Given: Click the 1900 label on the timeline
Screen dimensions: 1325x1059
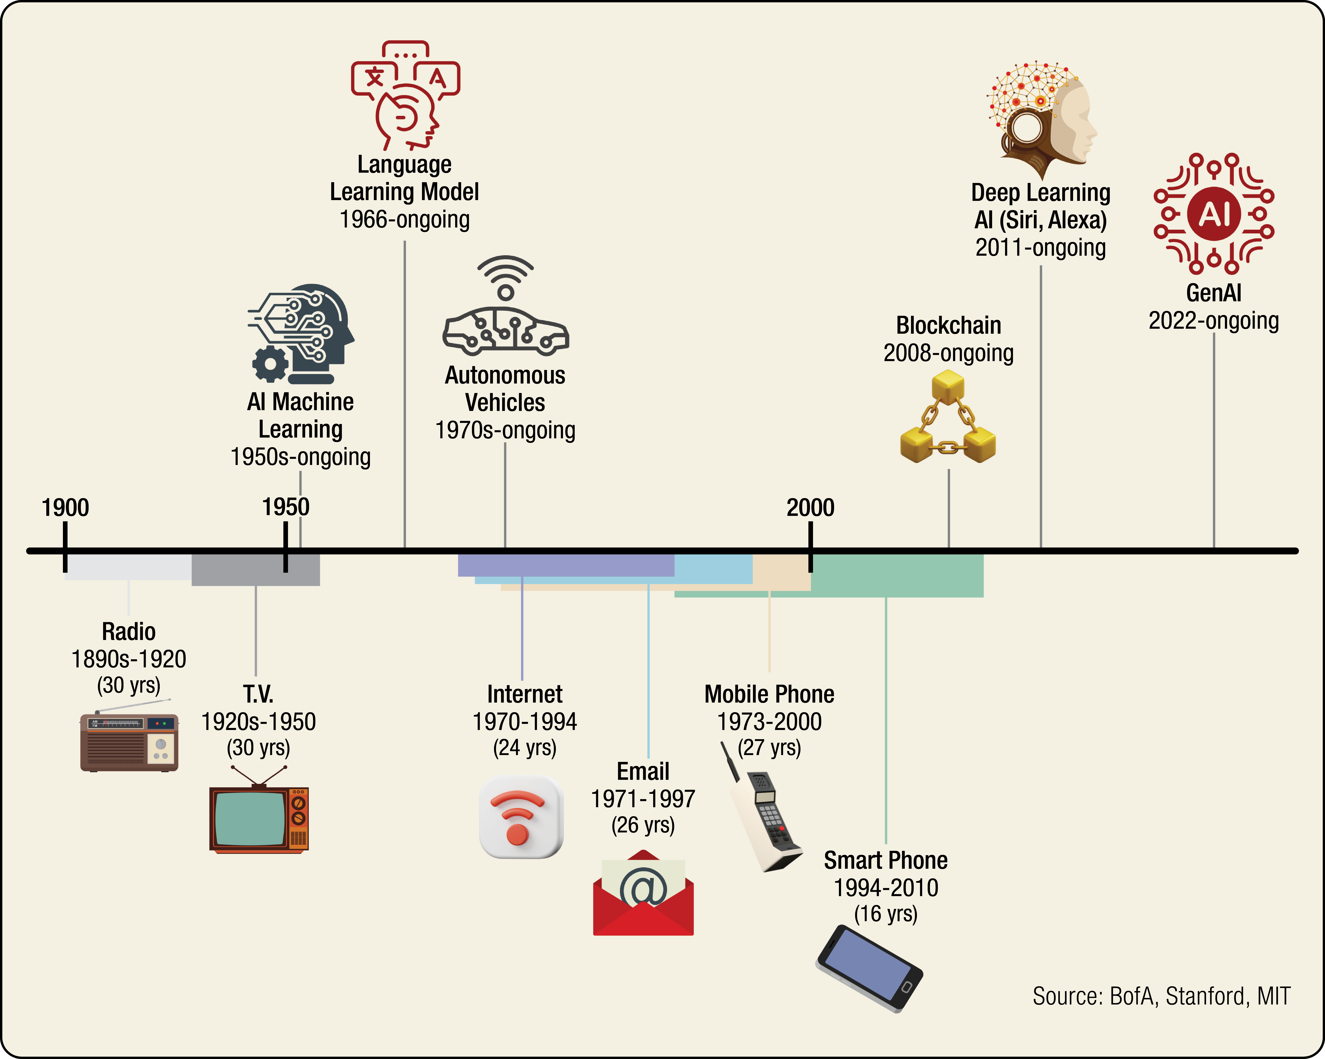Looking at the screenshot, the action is pyautogui.click(x=65, y=508).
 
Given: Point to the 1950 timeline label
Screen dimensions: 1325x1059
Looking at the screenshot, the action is pyautogui.click(x=286, y=507).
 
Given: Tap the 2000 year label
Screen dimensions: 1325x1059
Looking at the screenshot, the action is pyautogui.click(x=811, y=508).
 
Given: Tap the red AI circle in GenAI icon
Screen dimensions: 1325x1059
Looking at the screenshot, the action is pyautogui.click(x=1214, y=214).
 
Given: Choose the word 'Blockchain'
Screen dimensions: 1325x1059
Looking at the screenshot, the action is pyautogui.click(x=948, y=325).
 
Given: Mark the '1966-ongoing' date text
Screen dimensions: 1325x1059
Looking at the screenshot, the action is pyautogui.click(x=404, y=219).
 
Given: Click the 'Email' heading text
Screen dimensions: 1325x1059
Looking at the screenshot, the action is pyautogui.click(x=643, y=771).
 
